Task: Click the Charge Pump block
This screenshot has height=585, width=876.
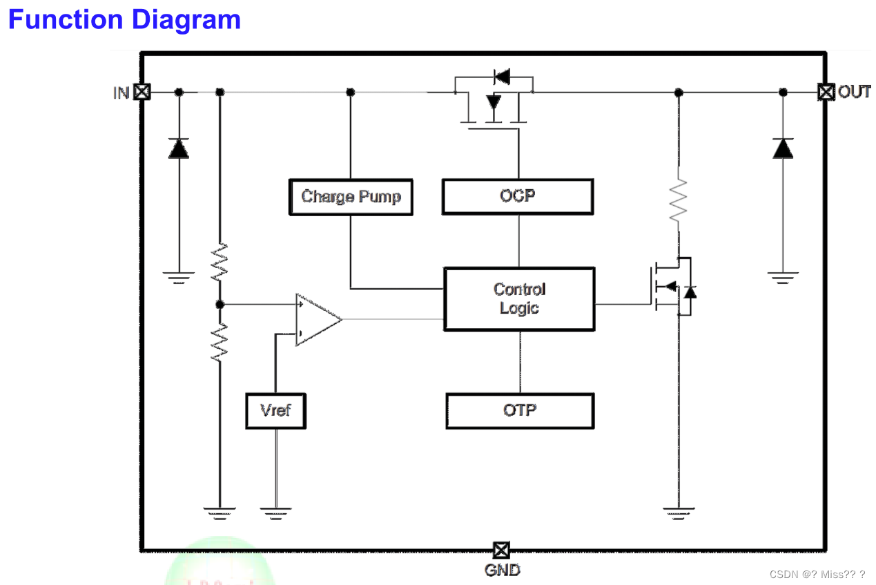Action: click(x=351, y=197)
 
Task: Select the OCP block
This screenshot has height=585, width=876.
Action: click(x=517, y=196)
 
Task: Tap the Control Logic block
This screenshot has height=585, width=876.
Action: click(x=519, y=299)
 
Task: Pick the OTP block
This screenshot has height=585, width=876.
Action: click(x=519, y=410)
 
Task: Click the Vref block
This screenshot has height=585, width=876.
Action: click(x=275, y=410)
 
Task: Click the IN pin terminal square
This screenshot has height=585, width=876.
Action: click(x=142, y=91)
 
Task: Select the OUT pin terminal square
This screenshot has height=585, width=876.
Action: click(x=826, y=91)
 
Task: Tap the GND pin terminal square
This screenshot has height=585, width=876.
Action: click(x=501, y=550)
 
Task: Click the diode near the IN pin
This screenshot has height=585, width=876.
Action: click(x=179, y=148)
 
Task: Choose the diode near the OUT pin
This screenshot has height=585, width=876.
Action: click(x=783, y=148)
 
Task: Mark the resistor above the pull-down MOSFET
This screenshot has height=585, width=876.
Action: click(x=679, y=200)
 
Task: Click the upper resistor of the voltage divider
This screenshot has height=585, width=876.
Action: click(x=220, y=261)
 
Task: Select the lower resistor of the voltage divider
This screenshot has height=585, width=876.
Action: click(x=220, y=342)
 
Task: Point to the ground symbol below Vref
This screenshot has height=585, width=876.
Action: click(x=275, y=512)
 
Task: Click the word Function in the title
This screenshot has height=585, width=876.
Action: click(x=65, y=19)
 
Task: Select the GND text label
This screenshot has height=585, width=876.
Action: click(x=503, y=570)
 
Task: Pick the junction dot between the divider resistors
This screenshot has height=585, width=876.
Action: click(x=220, y=304)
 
